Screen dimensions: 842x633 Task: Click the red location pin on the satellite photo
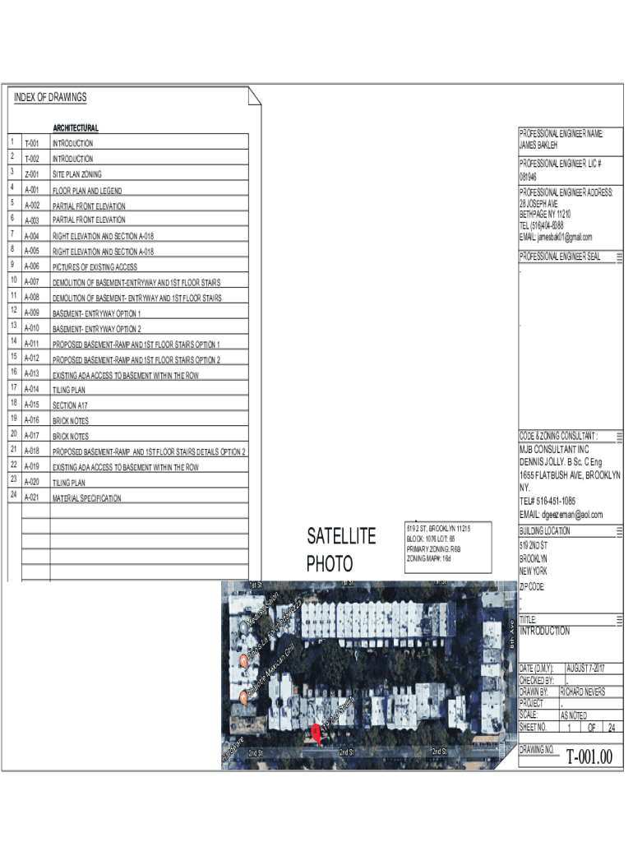point(316,732)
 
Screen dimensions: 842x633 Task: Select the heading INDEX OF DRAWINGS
point(50,98)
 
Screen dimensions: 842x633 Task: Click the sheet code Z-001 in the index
point(32,174)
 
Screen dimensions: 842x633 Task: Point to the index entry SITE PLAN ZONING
point(77,174)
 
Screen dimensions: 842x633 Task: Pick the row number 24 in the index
point(14,496)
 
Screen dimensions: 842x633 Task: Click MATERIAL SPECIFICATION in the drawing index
point(86,498)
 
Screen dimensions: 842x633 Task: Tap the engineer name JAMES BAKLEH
point(538,145)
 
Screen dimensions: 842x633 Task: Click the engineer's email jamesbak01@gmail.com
point(556,237)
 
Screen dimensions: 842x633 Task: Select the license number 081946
point(529,177)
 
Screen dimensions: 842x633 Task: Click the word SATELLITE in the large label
point(341,537)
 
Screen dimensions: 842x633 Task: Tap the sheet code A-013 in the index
point(32,374)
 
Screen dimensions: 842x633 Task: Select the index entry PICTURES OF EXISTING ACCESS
point(95,267)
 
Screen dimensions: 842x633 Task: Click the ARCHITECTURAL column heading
point(76,128)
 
